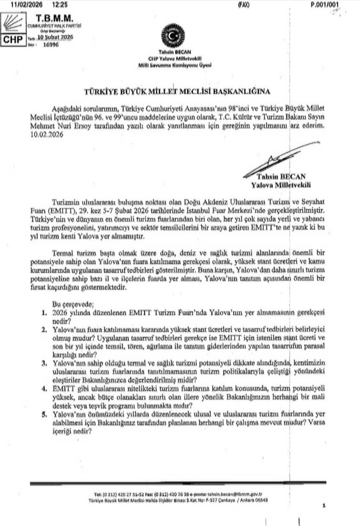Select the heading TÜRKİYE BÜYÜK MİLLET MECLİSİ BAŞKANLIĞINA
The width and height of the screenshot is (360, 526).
click(177, 91)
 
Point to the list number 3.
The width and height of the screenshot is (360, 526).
click(44, 363)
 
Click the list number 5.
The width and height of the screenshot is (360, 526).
click(44, 414)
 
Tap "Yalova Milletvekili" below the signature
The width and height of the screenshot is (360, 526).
click(281, 185)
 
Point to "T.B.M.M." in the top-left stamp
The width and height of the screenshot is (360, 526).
click(54, 18)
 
